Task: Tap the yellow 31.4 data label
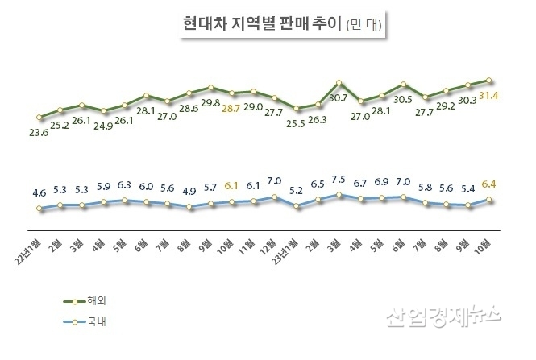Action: pyautogui.click(x=489, y=97)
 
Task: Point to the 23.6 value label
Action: pyautogui.click(x=39, y=134)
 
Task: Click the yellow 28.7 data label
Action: pyautogui.click(x=231, y=107)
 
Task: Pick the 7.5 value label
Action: pyautogui.click(x=339, y=180)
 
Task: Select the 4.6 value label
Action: pyautogui.click(x=39, y=192)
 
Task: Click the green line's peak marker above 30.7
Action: pyautogui.click(x=339, y=82)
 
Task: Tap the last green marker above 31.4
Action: pyautogui.click(x=489, y=80)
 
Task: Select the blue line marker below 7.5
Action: pyautogui.click(x=339, y=194)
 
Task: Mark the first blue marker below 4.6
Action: pyautogui.click(x=39, y=209)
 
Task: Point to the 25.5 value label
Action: pyautogui.click(x=295, y=123)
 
